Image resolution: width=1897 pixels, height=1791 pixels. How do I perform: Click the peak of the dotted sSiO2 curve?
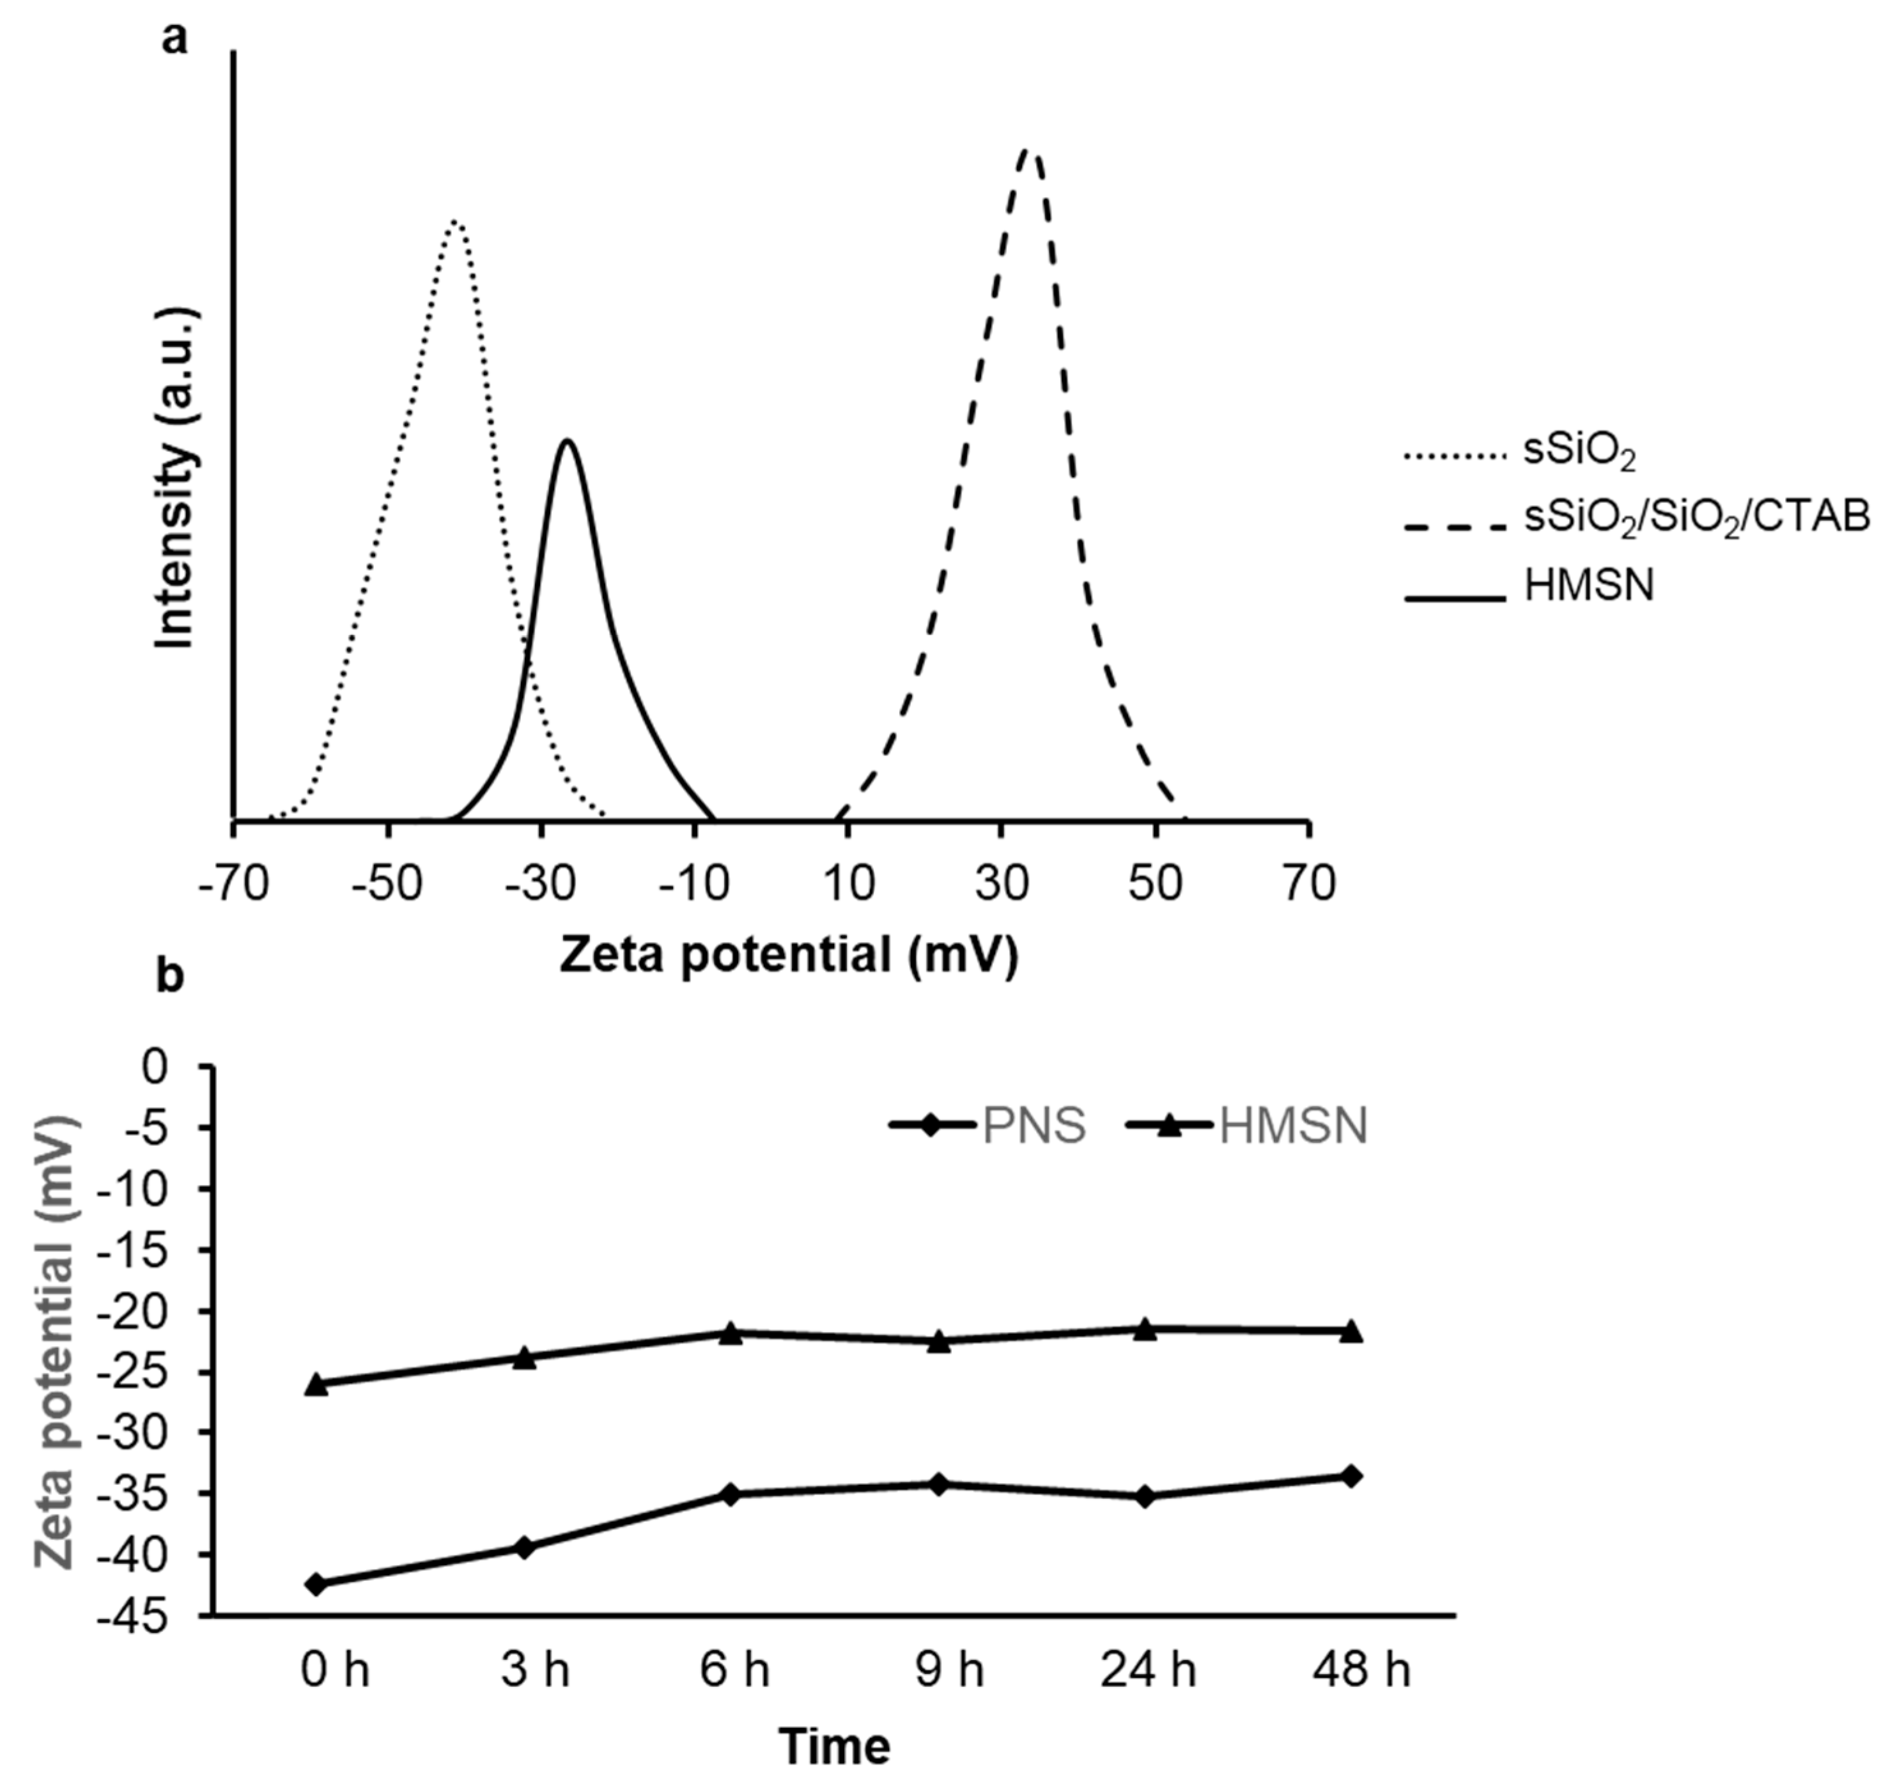[x=456, y=222]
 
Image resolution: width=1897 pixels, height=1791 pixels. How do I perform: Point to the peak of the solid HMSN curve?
[x=567, y=440]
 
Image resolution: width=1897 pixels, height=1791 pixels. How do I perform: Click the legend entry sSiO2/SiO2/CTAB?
[x=1696, y=518]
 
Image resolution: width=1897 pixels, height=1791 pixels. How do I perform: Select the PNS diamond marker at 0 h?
[x=318, y=1584]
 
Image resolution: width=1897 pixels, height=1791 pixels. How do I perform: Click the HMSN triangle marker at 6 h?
[x=731, y=1333]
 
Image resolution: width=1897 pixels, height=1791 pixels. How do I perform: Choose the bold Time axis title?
[x=835, y=1746]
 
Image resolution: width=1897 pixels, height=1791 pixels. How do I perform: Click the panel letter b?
[x=170, y=979]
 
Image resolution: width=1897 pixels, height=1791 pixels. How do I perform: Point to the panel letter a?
[x=174, y=40]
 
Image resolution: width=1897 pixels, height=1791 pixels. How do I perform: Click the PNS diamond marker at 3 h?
[x=524, y=1547]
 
